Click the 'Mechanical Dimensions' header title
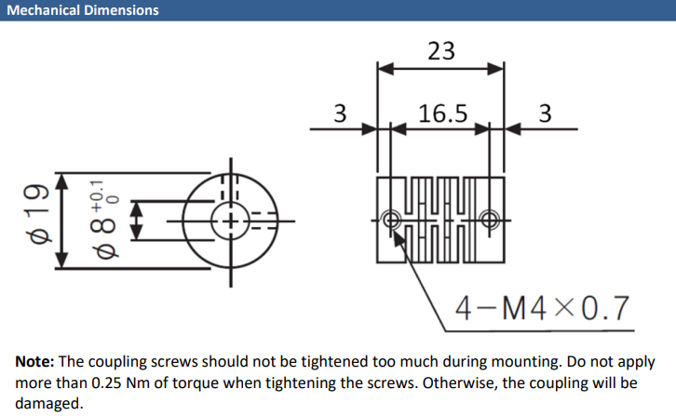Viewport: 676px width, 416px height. (83, 10)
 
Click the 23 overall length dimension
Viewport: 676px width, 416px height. (441, 51)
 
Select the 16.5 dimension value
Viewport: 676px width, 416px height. (443, 114)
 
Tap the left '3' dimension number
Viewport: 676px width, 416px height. (340, 114)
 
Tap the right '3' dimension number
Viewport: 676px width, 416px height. (545, 114)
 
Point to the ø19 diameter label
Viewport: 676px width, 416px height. (38, 214)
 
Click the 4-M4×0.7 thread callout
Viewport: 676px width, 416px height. (542, 308)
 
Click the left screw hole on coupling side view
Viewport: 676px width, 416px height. (391, 221)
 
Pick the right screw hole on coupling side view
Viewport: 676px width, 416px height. (490, 221)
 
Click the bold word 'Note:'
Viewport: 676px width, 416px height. (34, 361)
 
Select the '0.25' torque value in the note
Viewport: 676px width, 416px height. (106, 382)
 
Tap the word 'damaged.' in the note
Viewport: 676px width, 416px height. (48, 404)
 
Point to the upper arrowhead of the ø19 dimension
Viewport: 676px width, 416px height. (62, 181)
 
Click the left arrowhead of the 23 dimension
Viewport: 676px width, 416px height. (385, 69)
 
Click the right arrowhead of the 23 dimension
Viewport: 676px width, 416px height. (495, 69)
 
